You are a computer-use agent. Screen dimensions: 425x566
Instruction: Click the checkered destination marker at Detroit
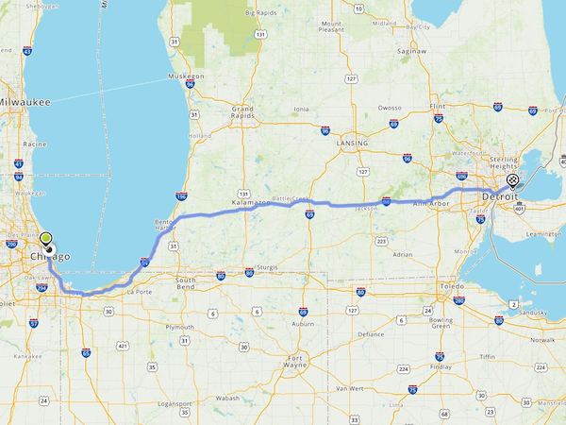pos(512,180)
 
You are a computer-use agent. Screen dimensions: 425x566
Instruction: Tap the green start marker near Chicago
pos(45,238)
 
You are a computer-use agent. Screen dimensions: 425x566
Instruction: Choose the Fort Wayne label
pos(296,362)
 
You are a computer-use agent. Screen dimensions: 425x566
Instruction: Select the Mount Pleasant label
pos(331,27)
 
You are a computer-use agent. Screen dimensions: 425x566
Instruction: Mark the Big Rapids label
pos(263,12)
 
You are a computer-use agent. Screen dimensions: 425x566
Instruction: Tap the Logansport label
pos(175,404)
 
